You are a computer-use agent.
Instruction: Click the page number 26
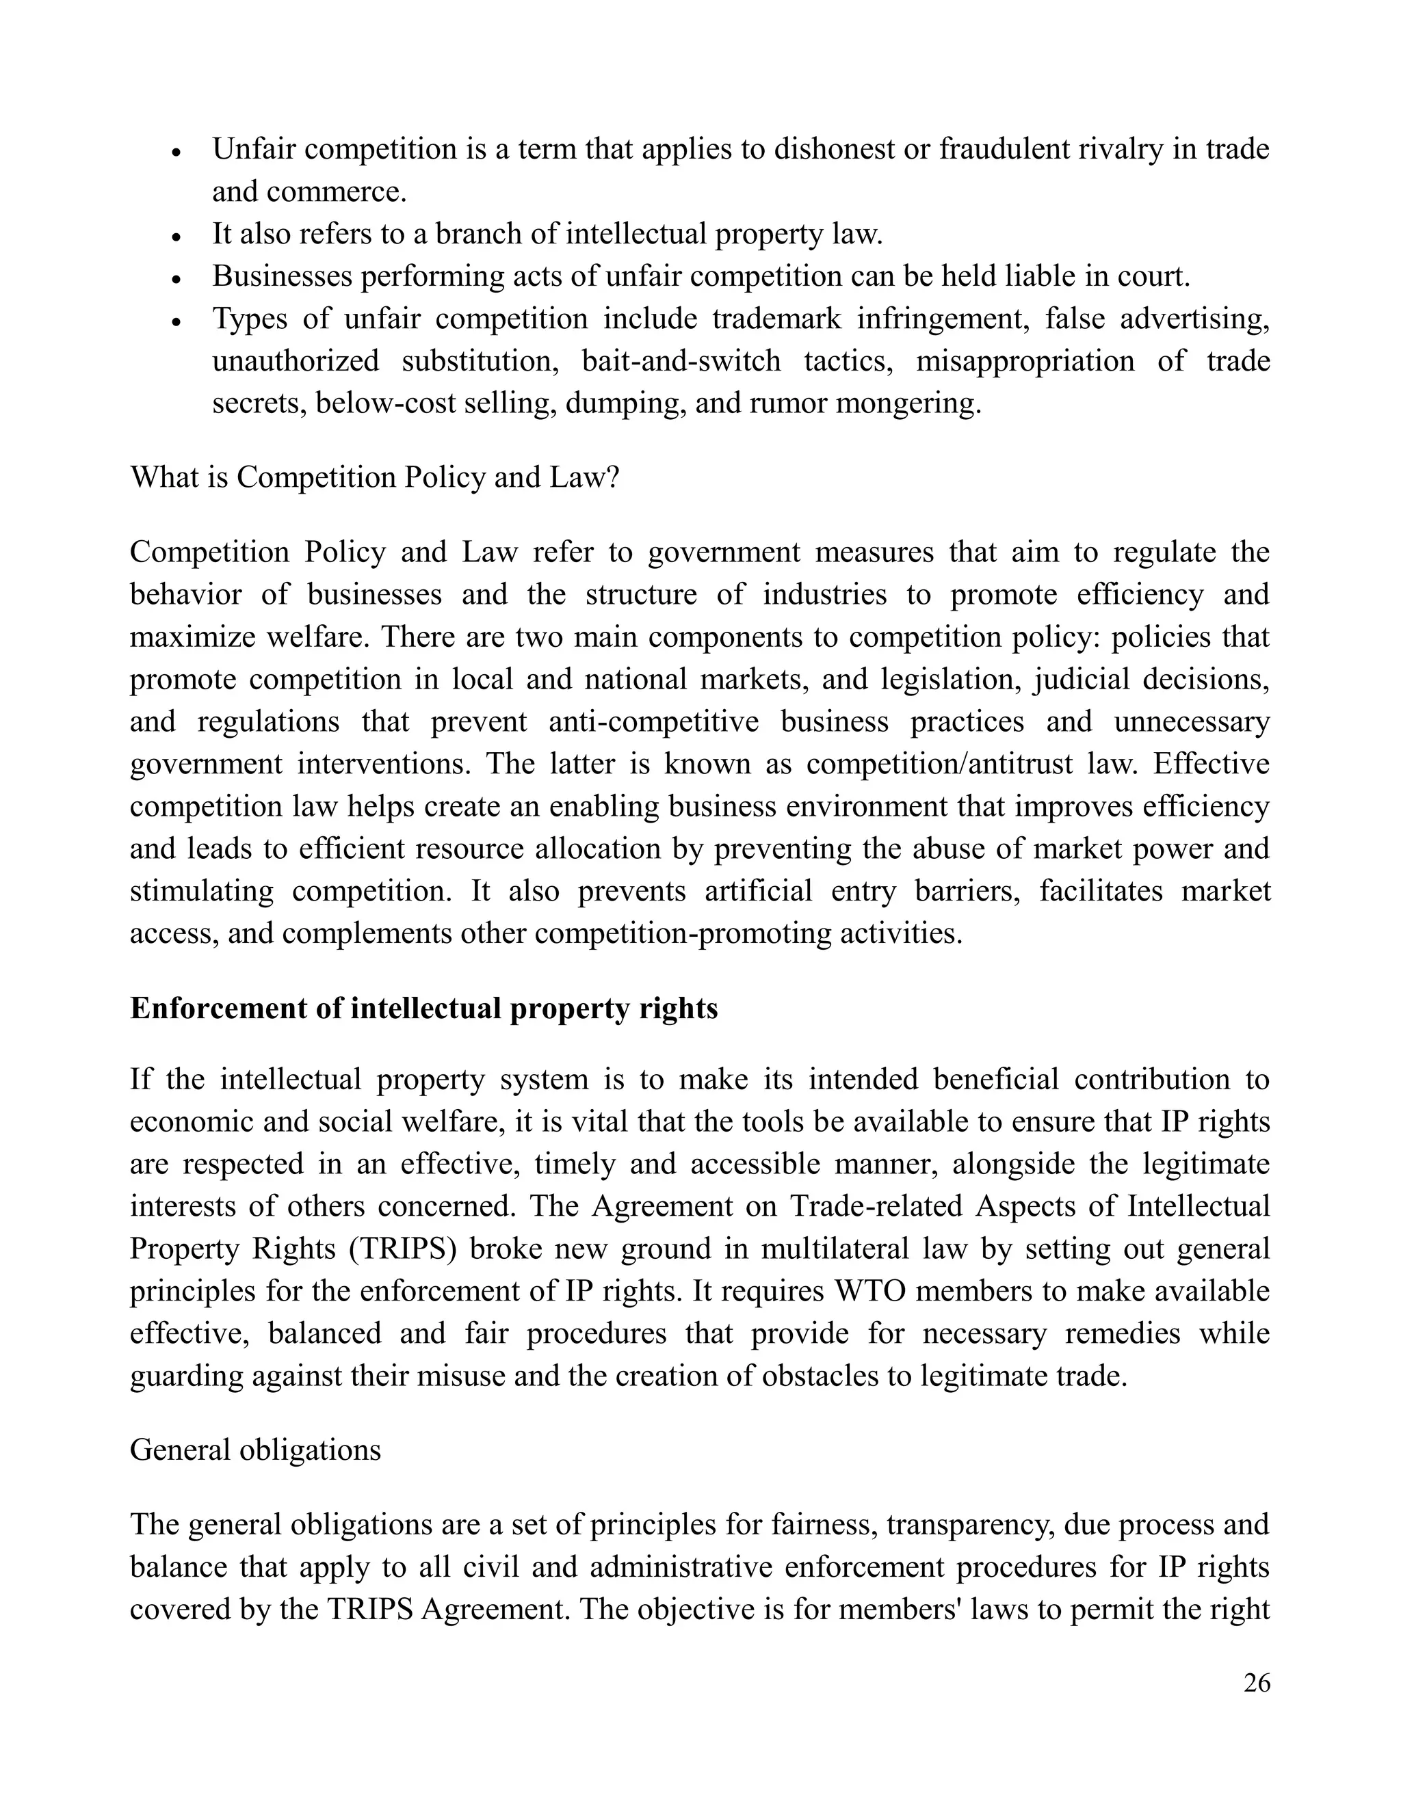1257,1683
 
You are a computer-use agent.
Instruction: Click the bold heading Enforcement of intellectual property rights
423,1008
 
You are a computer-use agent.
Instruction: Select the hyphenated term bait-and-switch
681,361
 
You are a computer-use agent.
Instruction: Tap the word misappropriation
1025,361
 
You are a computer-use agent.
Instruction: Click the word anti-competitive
654,721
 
